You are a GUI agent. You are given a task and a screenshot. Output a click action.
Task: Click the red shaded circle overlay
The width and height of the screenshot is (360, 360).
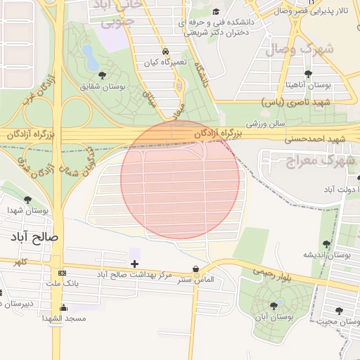click(x=180, y=179)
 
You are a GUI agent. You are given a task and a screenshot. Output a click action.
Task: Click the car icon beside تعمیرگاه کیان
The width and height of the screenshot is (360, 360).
click(x=165, y=52)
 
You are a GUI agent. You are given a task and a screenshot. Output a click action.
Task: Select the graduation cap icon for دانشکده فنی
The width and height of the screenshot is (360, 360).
click(x=216, y=11)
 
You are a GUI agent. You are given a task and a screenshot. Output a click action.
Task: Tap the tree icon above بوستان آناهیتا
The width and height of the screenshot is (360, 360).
click(x=307, y=73)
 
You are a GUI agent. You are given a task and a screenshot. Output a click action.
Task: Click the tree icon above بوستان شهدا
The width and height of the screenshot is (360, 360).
click(x=27, y=200)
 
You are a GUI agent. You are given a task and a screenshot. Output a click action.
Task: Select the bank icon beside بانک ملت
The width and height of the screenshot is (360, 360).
click(x=63, y=273)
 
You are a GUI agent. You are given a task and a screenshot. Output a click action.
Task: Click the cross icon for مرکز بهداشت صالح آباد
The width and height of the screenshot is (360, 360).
click(x=134, y=263)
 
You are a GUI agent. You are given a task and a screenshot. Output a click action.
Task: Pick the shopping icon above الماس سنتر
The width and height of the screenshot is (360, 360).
click(x=195, y=269)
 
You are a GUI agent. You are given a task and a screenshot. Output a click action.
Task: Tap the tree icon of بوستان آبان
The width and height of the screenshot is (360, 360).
click(x=274, y=305)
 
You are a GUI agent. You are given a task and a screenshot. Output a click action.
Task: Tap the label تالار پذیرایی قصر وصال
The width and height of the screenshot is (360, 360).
click(x=321, y=11)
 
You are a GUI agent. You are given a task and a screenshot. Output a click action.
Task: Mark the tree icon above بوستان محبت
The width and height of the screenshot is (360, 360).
click(x=340, y=310)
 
